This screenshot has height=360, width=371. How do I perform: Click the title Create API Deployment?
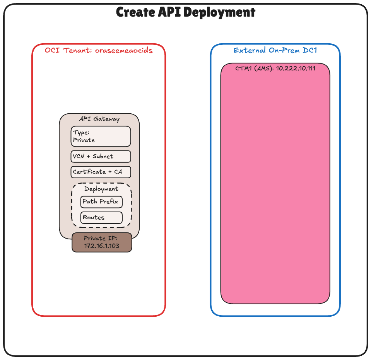(186, 12)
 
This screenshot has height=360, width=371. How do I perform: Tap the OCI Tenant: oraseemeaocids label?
(99, 50)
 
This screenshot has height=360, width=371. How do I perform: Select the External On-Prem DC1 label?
(275, 50)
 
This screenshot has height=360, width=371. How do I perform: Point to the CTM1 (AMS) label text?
(255, 68)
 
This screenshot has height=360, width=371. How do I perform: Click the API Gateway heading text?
(99, 119)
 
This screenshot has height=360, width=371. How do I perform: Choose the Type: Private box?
(101, 136)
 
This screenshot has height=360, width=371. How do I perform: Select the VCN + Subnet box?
(101, 156)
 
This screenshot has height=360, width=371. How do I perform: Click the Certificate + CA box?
(101, 172)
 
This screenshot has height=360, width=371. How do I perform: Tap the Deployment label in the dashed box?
(101, 189)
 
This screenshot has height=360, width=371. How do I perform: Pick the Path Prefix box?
(101, 201)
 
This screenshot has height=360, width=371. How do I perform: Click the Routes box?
(101, 217)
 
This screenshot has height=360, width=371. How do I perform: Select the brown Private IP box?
(102, 242)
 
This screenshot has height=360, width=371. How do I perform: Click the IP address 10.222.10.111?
(296, 68)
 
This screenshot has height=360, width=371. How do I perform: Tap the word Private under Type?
(84, 140)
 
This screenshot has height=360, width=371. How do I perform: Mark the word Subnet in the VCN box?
(103, 156)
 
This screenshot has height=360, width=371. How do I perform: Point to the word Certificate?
(89, 172)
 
